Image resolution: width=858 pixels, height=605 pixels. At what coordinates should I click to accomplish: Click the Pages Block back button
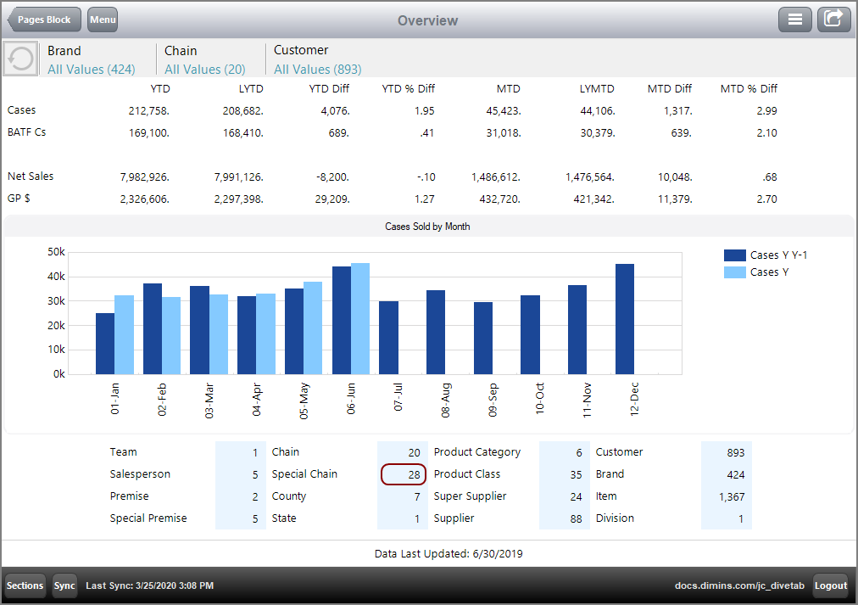[x=44, y=20]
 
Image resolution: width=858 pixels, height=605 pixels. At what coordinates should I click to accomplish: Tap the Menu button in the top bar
[x=103, y=20]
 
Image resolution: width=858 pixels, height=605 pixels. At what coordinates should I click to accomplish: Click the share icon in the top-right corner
[x=833, y=20]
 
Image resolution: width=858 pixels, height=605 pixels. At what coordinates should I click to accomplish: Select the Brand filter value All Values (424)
[x=91, y=70]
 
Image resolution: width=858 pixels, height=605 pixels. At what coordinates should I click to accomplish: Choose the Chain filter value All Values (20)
[x=205, y=70]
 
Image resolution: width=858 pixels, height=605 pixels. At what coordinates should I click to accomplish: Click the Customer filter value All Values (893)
[x=317, y=70]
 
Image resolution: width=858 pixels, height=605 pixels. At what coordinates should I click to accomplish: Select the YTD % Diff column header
[x=408, y=88]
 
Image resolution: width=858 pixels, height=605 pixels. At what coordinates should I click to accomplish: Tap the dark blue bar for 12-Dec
[x=625, y=319]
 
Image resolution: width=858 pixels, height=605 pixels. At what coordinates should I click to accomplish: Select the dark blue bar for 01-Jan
[x=105, y=344]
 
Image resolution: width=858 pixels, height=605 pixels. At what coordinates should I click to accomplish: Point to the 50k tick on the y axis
[x=56, y=252]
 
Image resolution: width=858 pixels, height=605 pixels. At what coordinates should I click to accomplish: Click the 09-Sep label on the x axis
[x=493, y=399]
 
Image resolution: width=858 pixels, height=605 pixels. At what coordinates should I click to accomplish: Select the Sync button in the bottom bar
[x=64, y=585]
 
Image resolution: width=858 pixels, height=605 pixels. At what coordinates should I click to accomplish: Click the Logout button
[x=831, y=585]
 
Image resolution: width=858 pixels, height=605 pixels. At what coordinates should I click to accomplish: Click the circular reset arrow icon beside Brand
[x=20, y=59]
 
